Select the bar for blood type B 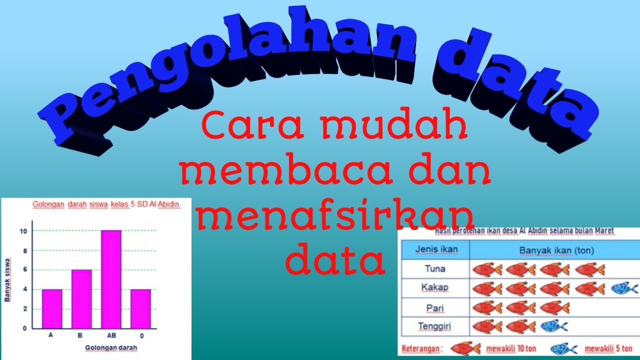(81, 298)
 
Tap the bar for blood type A (51, 308)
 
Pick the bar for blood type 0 (140, 308)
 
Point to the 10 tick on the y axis (23, 231)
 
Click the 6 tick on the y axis (24, 270)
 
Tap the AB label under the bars (110, 336)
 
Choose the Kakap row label (434, 288)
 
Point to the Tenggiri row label (435, 326)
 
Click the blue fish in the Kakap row (624, 288)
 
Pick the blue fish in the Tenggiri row (554, 326)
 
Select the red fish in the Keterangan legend (465, 347)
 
